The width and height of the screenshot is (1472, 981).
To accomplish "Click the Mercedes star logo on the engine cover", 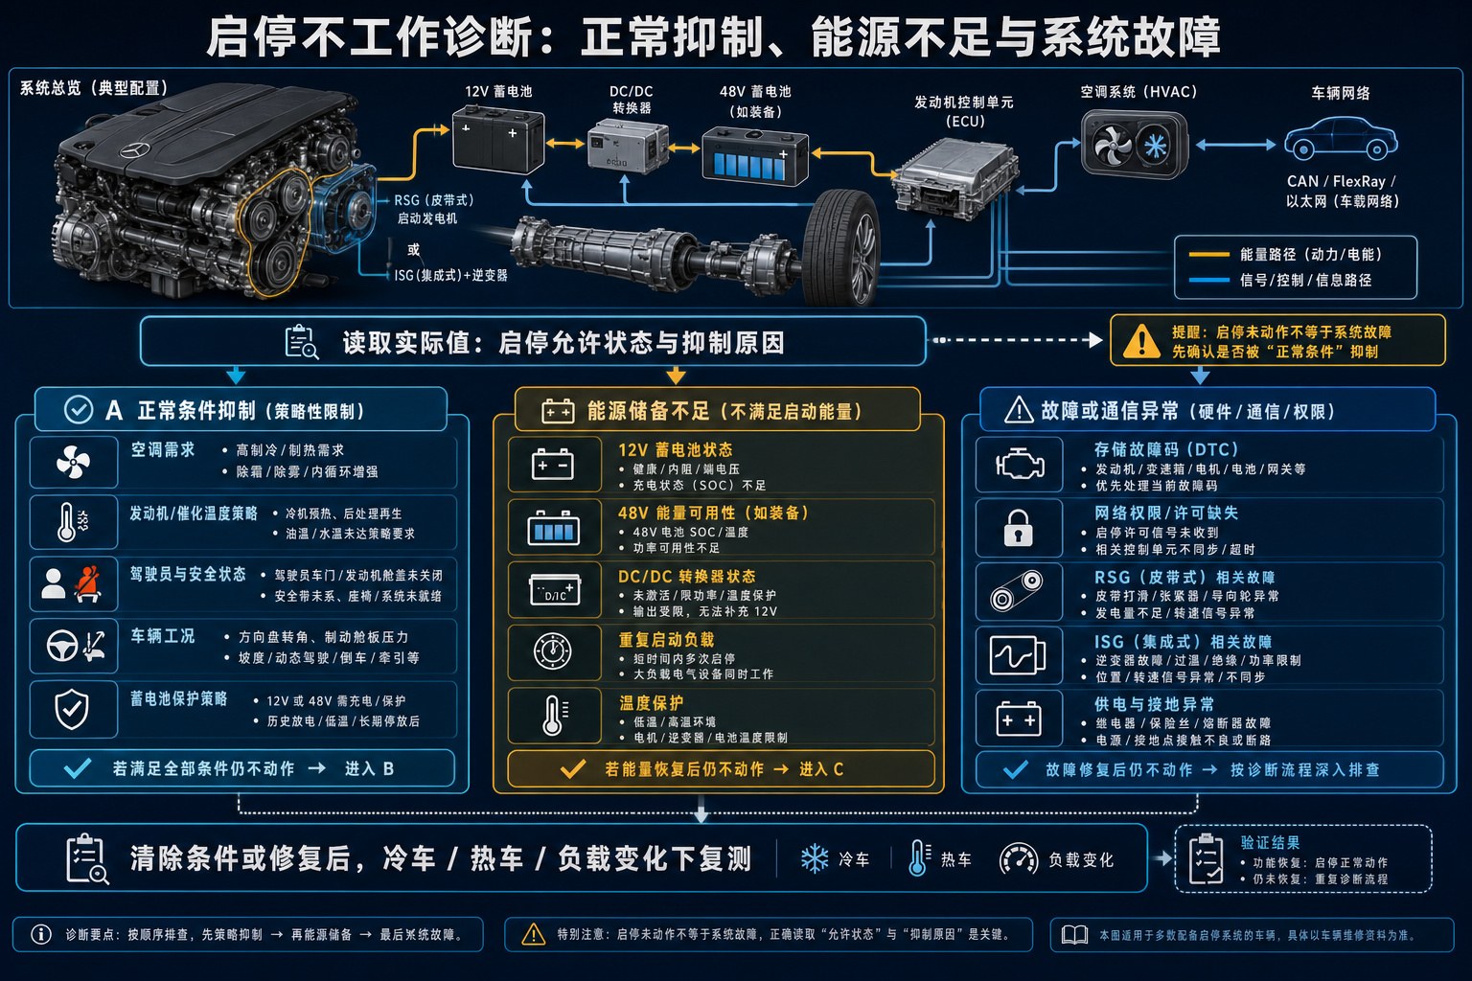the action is pyautogui.click(x=136, y=149).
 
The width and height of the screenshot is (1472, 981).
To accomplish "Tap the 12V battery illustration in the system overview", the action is pyautogui.click(x=498, y=141).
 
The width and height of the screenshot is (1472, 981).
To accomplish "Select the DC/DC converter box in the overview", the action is pyautogui.click(x=627, y=146).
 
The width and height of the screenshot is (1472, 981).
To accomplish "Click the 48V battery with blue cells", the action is pyautogui.click(x=755, y=156).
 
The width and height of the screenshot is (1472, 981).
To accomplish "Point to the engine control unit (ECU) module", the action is pyautogui.click(x=954, y=180).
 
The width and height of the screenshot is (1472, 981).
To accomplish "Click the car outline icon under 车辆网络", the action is pyautogui.click(x=1342, y=139).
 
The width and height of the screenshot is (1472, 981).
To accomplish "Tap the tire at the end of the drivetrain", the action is pyautogui.click(x=841, y=247).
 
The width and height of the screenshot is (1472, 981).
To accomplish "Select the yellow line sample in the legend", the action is pyautogui.click(x=1209, y=254).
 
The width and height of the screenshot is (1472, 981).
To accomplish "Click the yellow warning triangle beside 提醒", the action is pyautogui.click(x=1141, y=341).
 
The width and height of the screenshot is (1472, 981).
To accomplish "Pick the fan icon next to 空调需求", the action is pyautogui.click(x=73, y=462).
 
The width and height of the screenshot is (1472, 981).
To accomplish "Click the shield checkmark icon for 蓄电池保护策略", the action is pyautogui.click(x=72, y=710).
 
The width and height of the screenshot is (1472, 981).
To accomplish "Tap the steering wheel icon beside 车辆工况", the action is pyautogui.click(x=62, y=646).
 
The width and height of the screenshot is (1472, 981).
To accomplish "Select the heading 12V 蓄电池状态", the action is pyautogui.click(x=675, y=450).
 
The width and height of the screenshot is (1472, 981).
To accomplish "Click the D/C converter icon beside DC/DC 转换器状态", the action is pyautogui.click(x=555, y=589).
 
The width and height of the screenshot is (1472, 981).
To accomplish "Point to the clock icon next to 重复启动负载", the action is pyautogui.click(x=553, y=651).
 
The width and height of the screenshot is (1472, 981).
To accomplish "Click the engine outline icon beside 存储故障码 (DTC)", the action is pyautogui.click(x=1020, y=465).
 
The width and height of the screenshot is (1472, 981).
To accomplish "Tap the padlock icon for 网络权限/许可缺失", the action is pyautogui.click(x=1018, y=528).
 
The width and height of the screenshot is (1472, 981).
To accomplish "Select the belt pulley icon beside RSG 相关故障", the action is pyautogui.click(x=1017, y=591).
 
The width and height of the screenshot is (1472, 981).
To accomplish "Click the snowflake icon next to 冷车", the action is pyautogui.click(x=815, y=858).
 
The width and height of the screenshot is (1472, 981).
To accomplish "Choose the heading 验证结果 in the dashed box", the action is pyautogui.click(x=1270, y=843).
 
